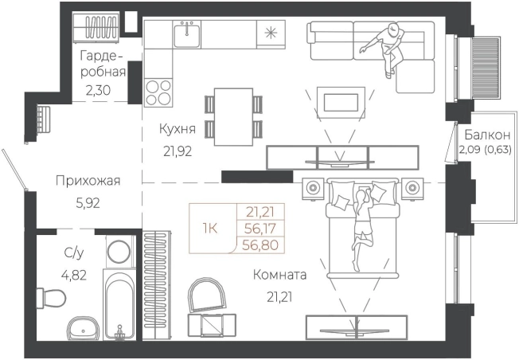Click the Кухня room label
178,129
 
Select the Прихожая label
88,181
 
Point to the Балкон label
483,134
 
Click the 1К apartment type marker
211,228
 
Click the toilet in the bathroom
53,300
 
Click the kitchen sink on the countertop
188,33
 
